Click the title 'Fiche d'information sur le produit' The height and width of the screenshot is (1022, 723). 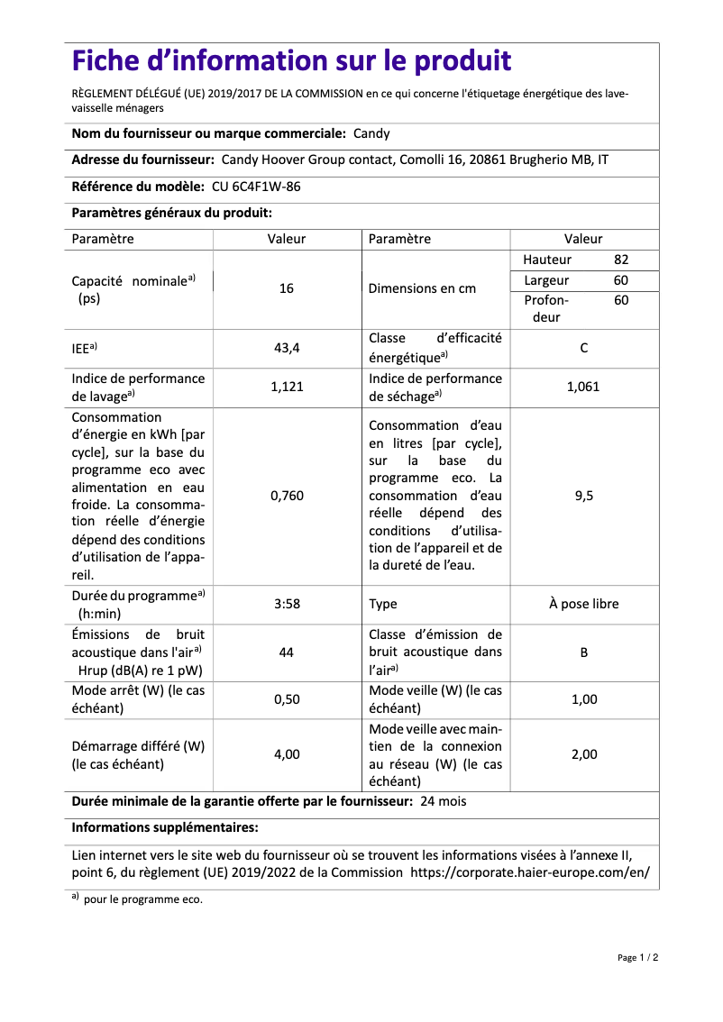[x=291, y=61]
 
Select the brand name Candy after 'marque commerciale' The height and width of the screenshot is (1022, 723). [x=371, y=133]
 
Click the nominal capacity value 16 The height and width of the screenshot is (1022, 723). [x=287, y=289]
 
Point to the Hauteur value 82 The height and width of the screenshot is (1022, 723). [x=621, y=260]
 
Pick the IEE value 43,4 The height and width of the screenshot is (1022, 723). [x=287, y=347]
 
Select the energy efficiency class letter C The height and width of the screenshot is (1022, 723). [x=583, y=347]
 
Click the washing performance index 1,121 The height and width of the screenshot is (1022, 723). [x=287, y=387]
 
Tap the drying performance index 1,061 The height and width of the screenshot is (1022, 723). [x=583, y=387]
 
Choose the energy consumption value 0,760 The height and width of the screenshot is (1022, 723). [x=287, y=496]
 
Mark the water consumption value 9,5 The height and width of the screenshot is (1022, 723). [x=583, y=496]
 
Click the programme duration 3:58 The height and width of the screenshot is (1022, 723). [x=287, y=604]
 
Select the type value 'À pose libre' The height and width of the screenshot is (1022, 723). [x=583, y=604]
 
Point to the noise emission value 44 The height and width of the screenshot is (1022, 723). [x=287, y=652]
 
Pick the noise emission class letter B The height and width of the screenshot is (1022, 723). [x=583, y=652]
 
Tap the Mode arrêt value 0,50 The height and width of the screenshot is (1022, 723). [x=287, y=699]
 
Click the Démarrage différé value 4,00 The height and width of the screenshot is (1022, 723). [x=287, y=754]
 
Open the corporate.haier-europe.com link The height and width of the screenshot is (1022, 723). [x=530, y=872]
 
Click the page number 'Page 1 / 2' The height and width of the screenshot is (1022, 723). [x=637, y=957]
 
